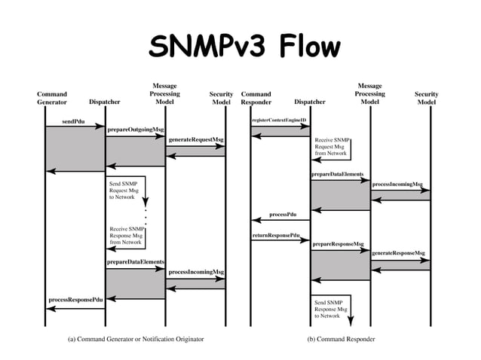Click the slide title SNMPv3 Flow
click(x=240, y=47)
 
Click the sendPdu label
click(x=73, y=121)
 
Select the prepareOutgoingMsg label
click(x=135, y=130)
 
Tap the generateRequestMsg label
click(x=195, y=139)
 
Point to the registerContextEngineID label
click(x=279, y=120)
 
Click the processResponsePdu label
click(x=75, y=299)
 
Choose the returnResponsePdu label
click(x=276, y=236)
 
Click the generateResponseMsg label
click(x=398, y=253)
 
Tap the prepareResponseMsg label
click(x=338, y=244)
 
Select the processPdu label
click(x=283, y=215)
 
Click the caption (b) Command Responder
click(x=341, y=339)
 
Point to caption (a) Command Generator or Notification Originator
click(x=136, y=339)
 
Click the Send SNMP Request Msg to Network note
click(x=124, y=191)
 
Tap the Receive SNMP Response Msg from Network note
click(x=125, y=235)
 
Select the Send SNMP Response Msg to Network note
click(x=331, y=309)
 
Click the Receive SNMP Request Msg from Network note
click(x=331, y=146)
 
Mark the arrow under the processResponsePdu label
click(x=75, y=307)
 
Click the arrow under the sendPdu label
click(x=75, y=127)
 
